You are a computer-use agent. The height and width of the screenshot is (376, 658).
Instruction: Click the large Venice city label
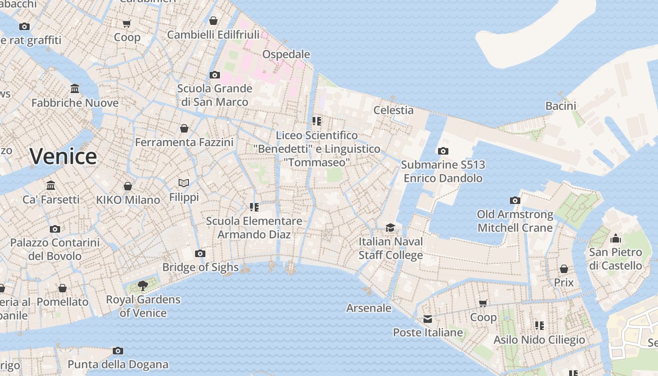click(63, 157)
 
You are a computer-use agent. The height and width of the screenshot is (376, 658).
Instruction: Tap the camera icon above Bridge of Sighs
click(200, 254)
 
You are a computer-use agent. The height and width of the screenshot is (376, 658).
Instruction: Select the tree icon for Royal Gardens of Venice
click(143, 285)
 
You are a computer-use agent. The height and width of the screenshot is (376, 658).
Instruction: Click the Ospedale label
click(286, 54)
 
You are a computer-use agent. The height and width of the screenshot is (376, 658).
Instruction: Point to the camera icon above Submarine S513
click(443, 151)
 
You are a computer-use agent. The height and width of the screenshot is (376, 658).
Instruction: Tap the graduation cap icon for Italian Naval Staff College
click(391, 227)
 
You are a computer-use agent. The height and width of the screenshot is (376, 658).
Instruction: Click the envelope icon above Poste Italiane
click(428, 319)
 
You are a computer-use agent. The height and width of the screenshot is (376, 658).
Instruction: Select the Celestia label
click(393, 110)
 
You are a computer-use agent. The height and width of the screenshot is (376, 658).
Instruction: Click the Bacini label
click(561, 106)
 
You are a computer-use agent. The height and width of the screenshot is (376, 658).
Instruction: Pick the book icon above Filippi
click(184, 183)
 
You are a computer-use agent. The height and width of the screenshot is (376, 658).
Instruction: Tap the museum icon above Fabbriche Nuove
click(75, 89)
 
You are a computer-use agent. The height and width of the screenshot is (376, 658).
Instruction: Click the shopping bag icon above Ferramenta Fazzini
click(184, 128)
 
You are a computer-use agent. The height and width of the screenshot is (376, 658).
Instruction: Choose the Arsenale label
click(368, 308)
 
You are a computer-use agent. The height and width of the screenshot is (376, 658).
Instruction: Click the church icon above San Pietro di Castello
click(615, 239)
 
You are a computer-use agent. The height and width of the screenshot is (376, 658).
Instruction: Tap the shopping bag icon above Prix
click(564, 269)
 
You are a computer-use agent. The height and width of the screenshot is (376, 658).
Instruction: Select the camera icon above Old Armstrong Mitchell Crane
click(515, 201)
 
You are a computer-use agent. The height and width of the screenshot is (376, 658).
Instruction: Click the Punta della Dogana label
click(118, 364)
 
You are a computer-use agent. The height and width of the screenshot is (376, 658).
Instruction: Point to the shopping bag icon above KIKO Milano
click(128, 186)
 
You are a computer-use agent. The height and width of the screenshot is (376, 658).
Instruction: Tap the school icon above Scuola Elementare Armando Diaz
click(254, 207)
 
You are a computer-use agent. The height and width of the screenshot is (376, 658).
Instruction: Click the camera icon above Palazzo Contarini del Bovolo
click(55, 229)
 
